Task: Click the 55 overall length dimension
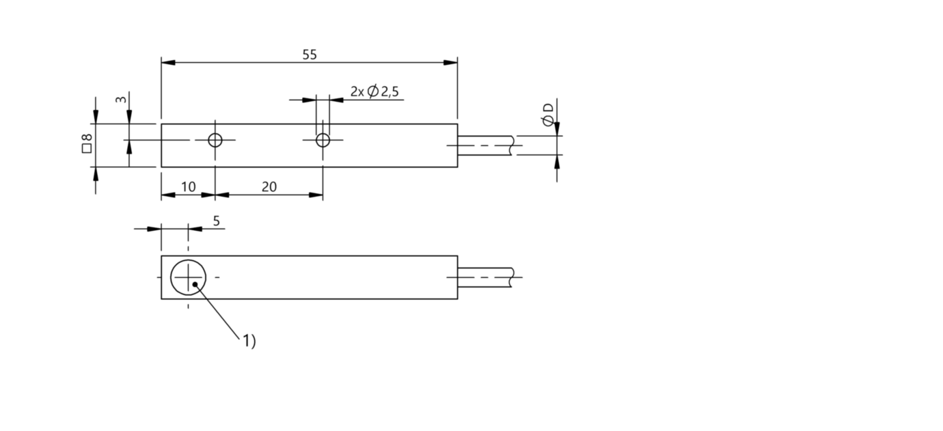tap(310, 55)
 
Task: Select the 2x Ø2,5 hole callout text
tap(374, 92)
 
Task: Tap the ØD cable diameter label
tap(548, 115)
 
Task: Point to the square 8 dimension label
tap(87, 143)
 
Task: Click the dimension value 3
tap(121, 99)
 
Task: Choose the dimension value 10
tap(188, 187)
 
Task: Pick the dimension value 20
tap(269, 187)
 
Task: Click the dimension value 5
tap(217, 221)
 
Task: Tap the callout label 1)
tap(249, 341)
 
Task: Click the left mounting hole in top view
tap(215, 140)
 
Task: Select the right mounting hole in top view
tap(323, 140)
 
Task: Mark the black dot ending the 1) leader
tap(195, 285)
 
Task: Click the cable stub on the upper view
tap(485, 145)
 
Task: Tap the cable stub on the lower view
tap(485, 277)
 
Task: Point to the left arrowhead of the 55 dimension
tap(168, 63)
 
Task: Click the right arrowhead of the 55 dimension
tap(450, 63)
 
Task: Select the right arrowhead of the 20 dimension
tap(316, 195)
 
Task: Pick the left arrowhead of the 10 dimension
tap(168, 195)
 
